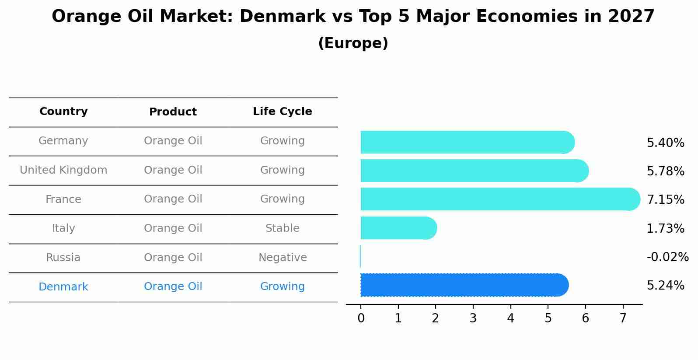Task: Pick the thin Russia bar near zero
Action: coord(360,256)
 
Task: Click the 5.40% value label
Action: coord(665,143)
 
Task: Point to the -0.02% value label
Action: coord(667,257)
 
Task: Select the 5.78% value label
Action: coord(665,171)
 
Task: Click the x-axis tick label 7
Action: coord(623,318)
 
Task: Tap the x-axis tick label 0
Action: coord(361,318)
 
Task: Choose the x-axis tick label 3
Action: coord(473,318)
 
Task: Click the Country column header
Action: coord(63,112)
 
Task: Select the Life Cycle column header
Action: coord(282,112)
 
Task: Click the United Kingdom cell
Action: coord(63,170)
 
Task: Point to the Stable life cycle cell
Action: coord(282,228)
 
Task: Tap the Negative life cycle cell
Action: coord(282,258)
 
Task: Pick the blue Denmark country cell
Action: coord(63,287)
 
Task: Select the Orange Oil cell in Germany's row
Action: coord(173,141)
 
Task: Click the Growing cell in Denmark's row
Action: coord(282,287)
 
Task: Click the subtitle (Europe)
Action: coord(353,43)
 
